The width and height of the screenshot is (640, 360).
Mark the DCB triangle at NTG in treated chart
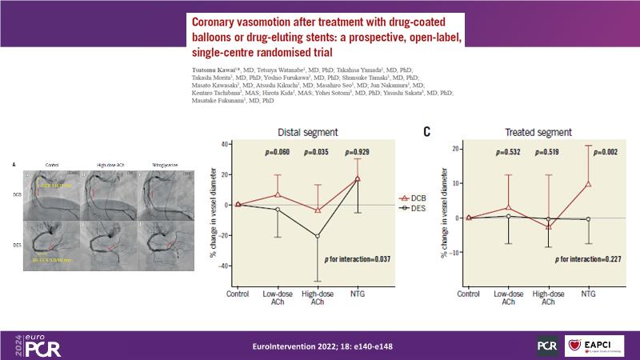click(589, 183)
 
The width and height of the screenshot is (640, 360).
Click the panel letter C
click(427, 131)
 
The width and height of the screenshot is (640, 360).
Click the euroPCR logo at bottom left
click(38, 345)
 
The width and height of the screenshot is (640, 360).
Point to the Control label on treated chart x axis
click(468, 294)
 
